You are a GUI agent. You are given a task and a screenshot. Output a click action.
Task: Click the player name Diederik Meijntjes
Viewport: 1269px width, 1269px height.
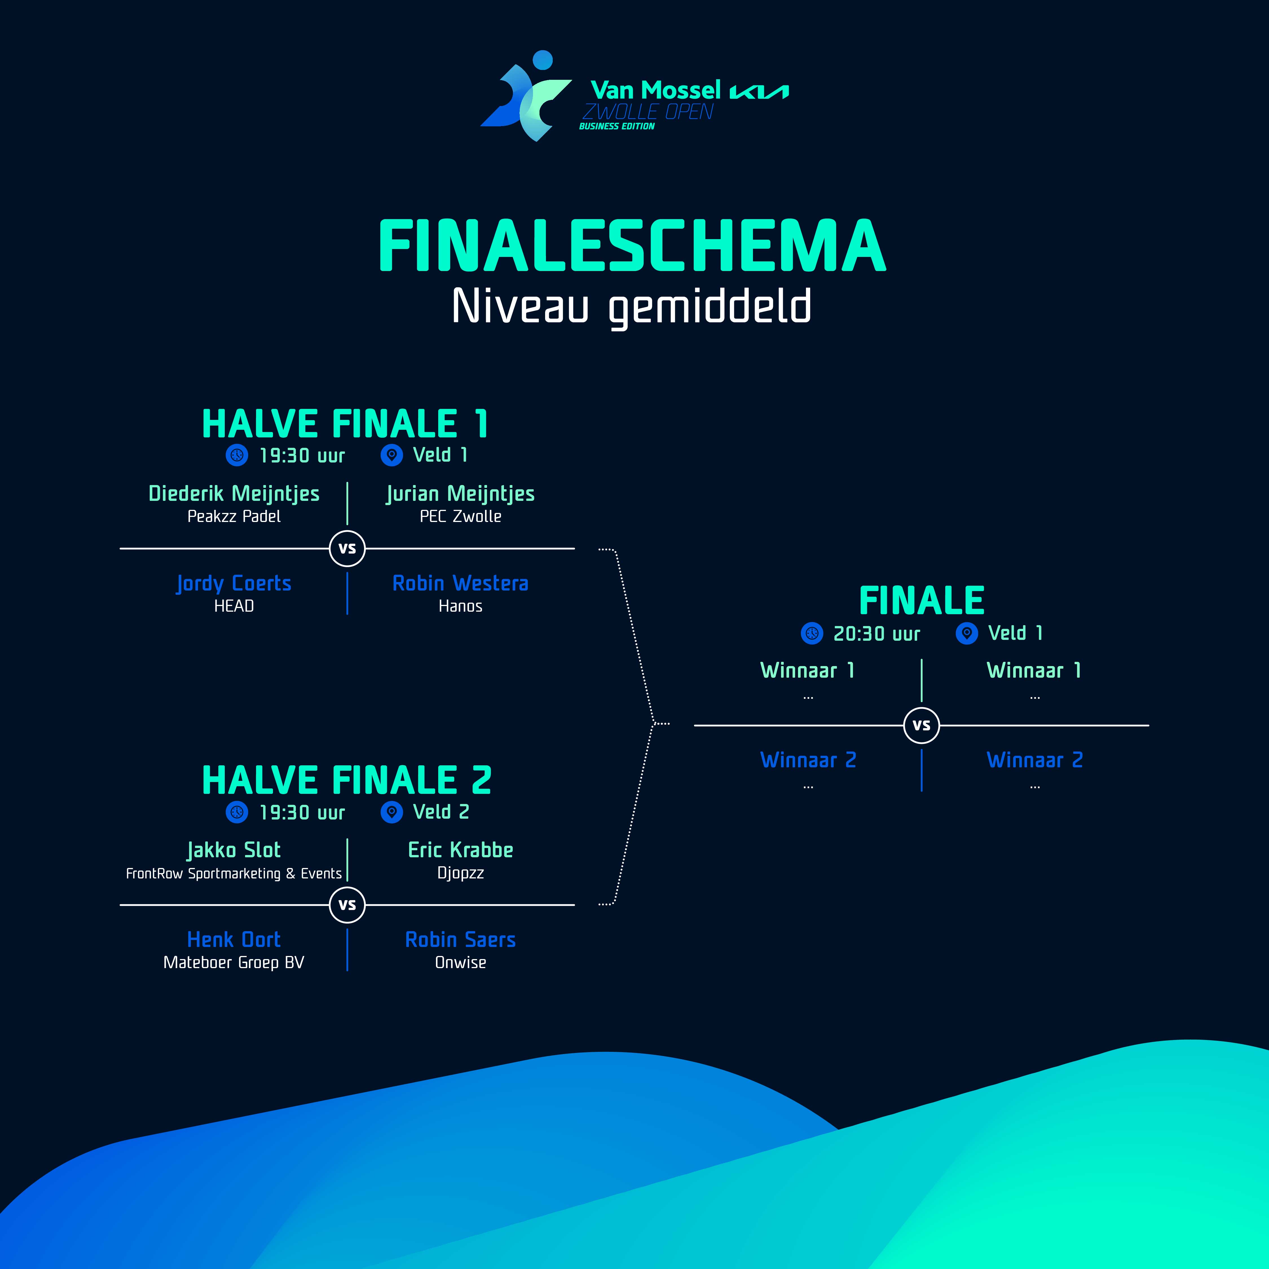pyautogui.click(x=234, y=493)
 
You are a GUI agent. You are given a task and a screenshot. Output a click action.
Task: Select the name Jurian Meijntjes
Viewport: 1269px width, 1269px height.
pyautogui.click(x=461, y=493)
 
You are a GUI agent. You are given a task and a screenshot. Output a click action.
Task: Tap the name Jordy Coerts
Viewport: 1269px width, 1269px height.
pyautogui.click(x=234, y=583)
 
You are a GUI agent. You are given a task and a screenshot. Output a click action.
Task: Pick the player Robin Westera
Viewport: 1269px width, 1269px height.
pyautogui.click(x=461, y=583)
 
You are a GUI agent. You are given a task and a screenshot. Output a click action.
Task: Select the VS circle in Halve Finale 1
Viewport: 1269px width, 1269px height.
pyautogui.click(x=347, y=548)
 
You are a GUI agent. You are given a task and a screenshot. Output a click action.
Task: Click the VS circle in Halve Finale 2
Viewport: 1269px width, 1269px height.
pyautogui.click(x=347, y=904)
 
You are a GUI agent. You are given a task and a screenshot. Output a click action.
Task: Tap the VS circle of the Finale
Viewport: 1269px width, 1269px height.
pyautogui.click(x=922, y=725)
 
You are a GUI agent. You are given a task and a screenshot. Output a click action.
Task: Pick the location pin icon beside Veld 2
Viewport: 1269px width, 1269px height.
pyautogui.click(x=391, y=812)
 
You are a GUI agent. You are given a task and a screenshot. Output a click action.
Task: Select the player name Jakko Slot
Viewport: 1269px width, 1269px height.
pyautogui.click(x=234, y=850)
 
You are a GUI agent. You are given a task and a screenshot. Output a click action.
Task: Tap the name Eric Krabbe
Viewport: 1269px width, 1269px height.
pyautogui.click(x=461, y=850)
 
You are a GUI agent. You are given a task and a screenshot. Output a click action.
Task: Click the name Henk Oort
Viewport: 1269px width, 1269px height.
pyautogui.click(x=234, y=939)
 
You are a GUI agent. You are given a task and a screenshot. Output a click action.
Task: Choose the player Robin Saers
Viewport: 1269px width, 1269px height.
pyautogui.click(x=461, y=939)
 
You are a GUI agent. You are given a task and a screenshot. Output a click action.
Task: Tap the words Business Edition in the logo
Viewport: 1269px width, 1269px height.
pyautogui.click(x=617, y=126)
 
